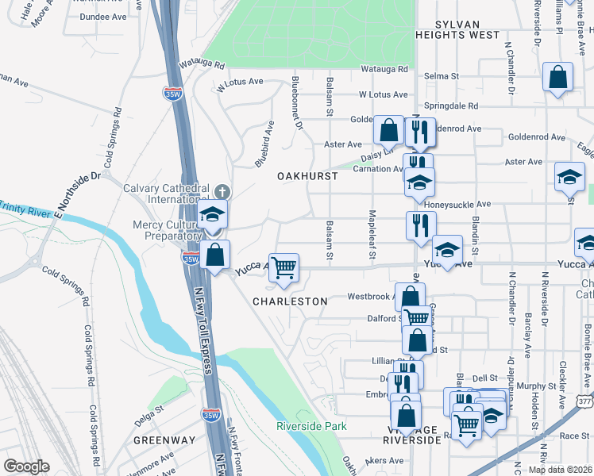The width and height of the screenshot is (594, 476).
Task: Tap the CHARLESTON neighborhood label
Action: (290, 301)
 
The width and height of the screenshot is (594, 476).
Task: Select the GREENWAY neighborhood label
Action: (164, 440)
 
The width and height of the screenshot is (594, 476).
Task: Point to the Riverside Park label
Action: (312, 426)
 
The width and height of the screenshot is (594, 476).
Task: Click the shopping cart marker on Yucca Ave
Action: (283, 267)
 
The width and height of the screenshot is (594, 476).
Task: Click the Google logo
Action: (26, 466)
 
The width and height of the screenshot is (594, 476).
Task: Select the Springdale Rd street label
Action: (452, 106)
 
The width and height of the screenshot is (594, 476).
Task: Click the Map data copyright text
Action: (560, 470)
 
